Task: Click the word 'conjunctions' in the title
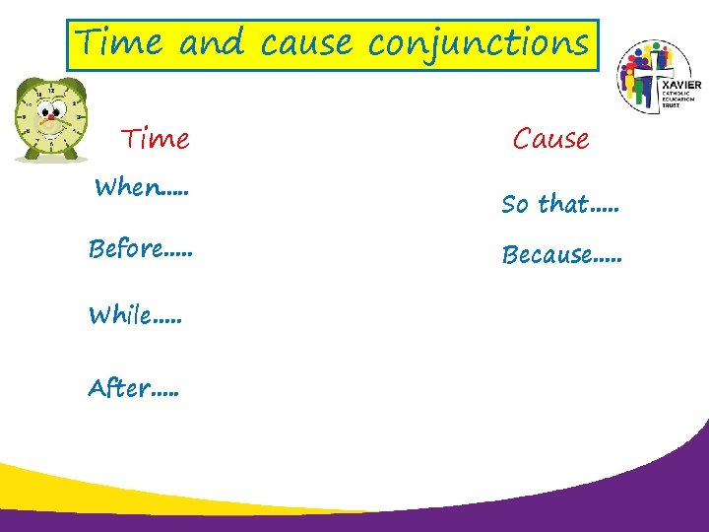478,44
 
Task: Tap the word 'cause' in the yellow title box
310,44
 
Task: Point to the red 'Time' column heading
156,139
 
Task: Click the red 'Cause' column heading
550,139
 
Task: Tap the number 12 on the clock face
50,92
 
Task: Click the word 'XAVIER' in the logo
681,87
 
